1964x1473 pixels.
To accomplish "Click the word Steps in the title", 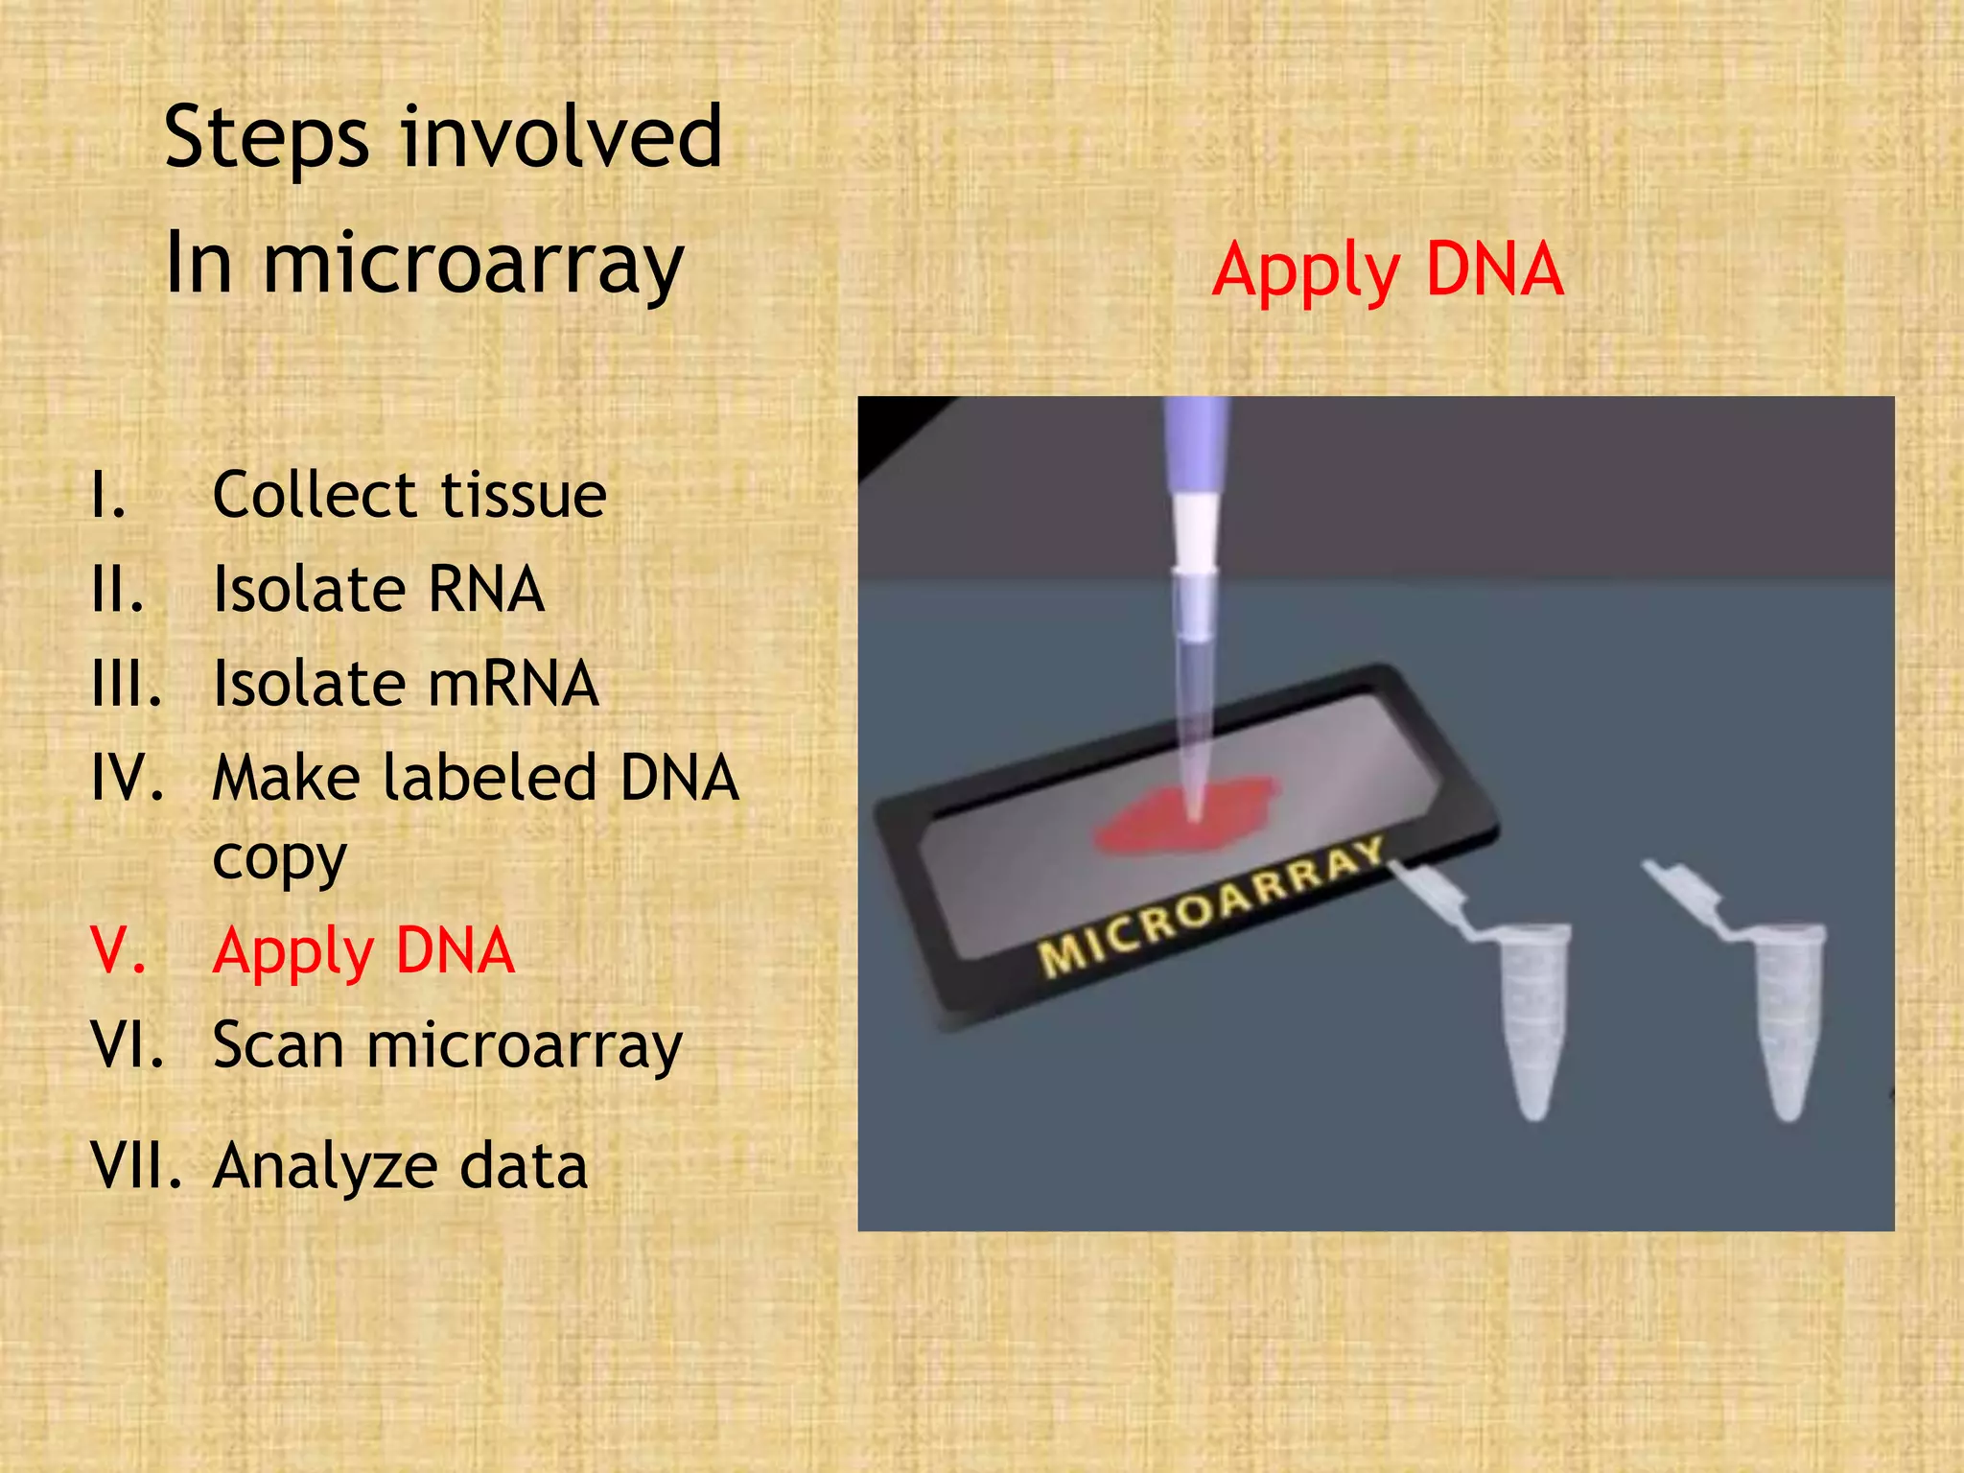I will pyautogui.click(x=266, y=139).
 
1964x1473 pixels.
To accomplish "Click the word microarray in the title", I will pyautogui.click(x=473, y=264).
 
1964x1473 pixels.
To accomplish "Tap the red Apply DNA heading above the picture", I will pyautogui.click(x=1387, y=270).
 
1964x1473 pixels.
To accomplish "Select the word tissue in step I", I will pyautogui.click(x=524, y=496).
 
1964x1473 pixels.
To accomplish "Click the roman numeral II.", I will pyautogui.click(x=118, y=590).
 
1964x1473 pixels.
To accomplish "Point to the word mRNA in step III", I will pyautogui.click(x=513, y=685).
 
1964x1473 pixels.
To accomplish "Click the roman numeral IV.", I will pyautogui.click(x=127, y=778).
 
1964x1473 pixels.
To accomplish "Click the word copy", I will pyautogui.click(x=279, y=858).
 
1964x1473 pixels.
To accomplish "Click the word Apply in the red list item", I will pyautogui.click(x=293, y=951).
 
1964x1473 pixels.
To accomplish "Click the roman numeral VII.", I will pyautogui.click(x=136, y=1166).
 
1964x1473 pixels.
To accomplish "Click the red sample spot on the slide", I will pyautogui.click(x=1187, y=815).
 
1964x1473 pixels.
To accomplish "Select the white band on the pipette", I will pyautogui.click(x=1195, y=532).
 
